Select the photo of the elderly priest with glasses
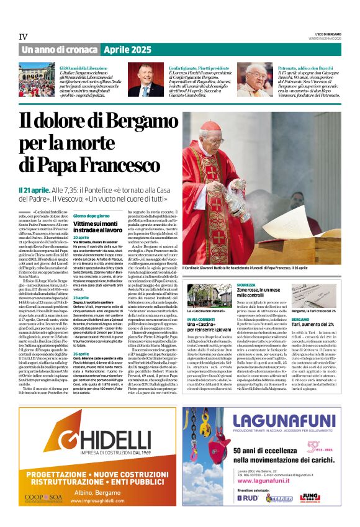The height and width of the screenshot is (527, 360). tap(254, 79)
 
